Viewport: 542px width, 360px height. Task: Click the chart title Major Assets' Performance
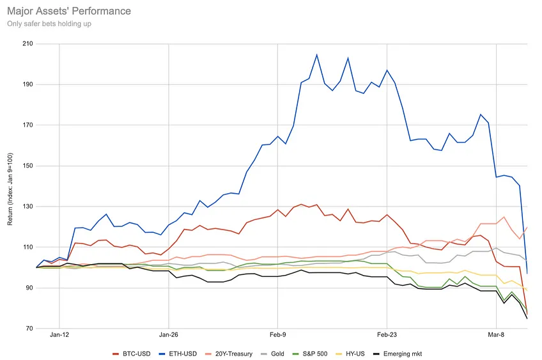point(69,11)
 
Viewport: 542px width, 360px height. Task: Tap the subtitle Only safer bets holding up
point(49,24)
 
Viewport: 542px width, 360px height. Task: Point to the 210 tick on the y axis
point(28,43)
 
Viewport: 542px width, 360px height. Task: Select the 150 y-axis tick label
point(28,166)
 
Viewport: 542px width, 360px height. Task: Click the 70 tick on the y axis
point(30,329)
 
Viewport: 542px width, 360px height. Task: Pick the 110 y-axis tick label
point(28,247)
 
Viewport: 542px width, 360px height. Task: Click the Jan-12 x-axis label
point(59,335)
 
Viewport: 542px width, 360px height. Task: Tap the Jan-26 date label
point(169,335)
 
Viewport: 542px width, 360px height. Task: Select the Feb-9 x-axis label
point(277,335)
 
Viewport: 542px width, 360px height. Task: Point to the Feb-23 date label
point(387,335)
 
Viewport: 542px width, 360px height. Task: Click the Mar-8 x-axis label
point(496,335)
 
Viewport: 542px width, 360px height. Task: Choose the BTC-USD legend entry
point(132,354)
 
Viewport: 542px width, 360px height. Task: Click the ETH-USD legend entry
point(178,354)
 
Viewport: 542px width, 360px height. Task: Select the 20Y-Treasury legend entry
point(228,354)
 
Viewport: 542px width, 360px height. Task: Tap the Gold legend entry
point(272,354)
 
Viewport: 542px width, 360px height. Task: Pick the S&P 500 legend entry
point(310,354)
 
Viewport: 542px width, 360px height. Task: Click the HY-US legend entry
point(350,354)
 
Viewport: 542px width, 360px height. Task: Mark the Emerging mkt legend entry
point(398,354)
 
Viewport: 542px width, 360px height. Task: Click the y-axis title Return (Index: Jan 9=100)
point(10,189)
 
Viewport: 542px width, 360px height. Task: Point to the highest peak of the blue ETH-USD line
point(316,54)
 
